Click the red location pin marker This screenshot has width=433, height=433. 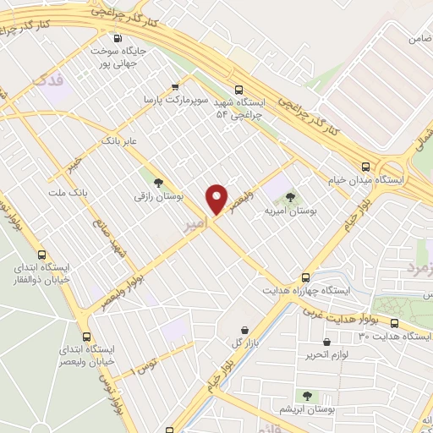click(217, 200)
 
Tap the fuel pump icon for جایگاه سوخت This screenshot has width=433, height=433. click(117, 38)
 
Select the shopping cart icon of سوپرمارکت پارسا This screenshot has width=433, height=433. click(175, 86)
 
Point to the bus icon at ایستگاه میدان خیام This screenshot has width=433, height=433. click(365, 167)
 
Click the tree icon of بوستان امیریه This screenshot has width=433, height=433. click(290, 197)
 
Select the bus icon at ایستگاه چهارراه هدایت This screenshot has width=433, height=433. click(305, 277)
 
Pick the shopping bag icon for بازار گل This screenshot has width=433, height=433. click(244, 329)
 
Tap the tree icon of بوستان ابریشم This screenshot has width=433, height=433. click(306, 395)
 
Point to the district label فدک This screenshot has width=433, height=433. click(47, 82)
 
